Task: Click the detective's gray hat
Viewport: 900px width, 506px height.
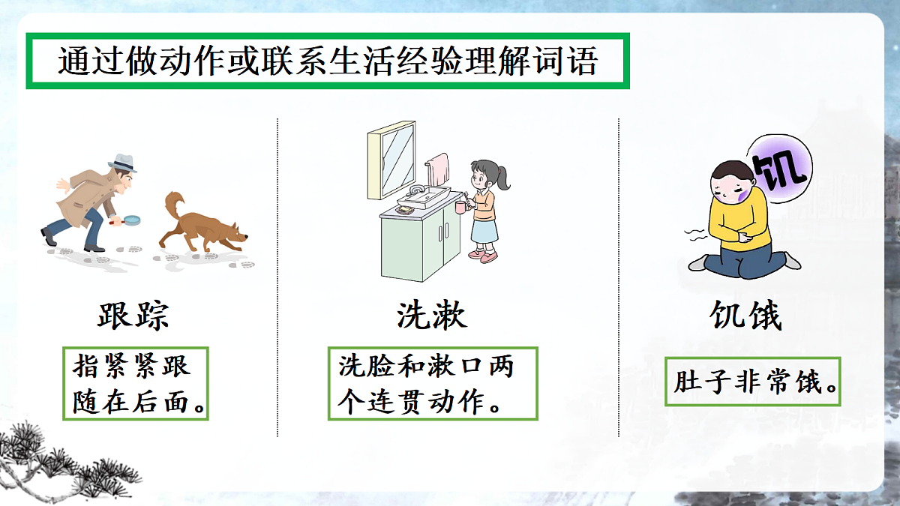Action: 122,163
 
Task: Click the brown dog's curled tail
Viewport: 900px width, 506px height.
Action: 174,205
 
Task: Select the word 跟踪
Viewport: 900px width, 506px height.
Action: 133,316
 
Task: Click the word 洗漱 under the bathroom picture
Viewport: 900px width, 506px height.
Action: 432,316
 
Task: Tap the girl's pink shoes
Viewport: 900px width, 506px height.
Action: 483,256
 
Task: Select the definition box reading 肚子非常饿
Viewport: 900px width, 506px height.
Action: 752,382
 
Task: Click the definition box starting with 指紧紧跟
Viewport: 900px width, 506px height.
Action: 135,383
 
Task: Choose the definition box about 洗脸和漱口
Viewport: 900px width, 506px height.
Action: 433,383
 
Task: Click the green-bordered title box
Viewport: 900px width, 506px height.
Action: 327,61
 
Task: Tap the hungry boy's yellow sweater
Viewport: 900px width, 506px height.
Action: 742,221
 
